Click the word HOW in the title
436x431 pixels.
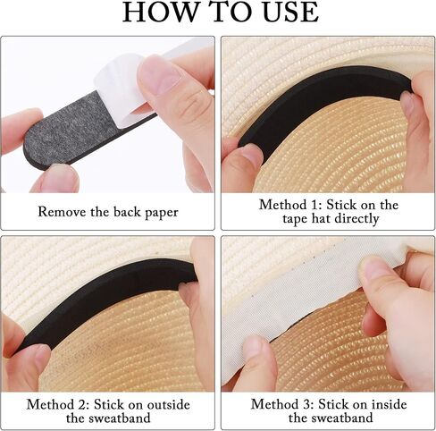coord(160,12)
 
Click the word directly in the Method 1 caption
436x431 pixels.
coord(356,219)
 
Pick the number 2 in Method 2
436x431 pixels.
coord(83,404)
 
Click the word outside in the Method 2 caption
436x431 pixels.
coord(169,404)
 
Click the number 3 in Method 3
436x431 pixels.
coord(307,404)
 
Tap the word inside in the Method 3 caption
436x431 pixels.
coord(389,404)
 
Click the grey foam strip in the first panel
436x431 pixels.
coord(70,130)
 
